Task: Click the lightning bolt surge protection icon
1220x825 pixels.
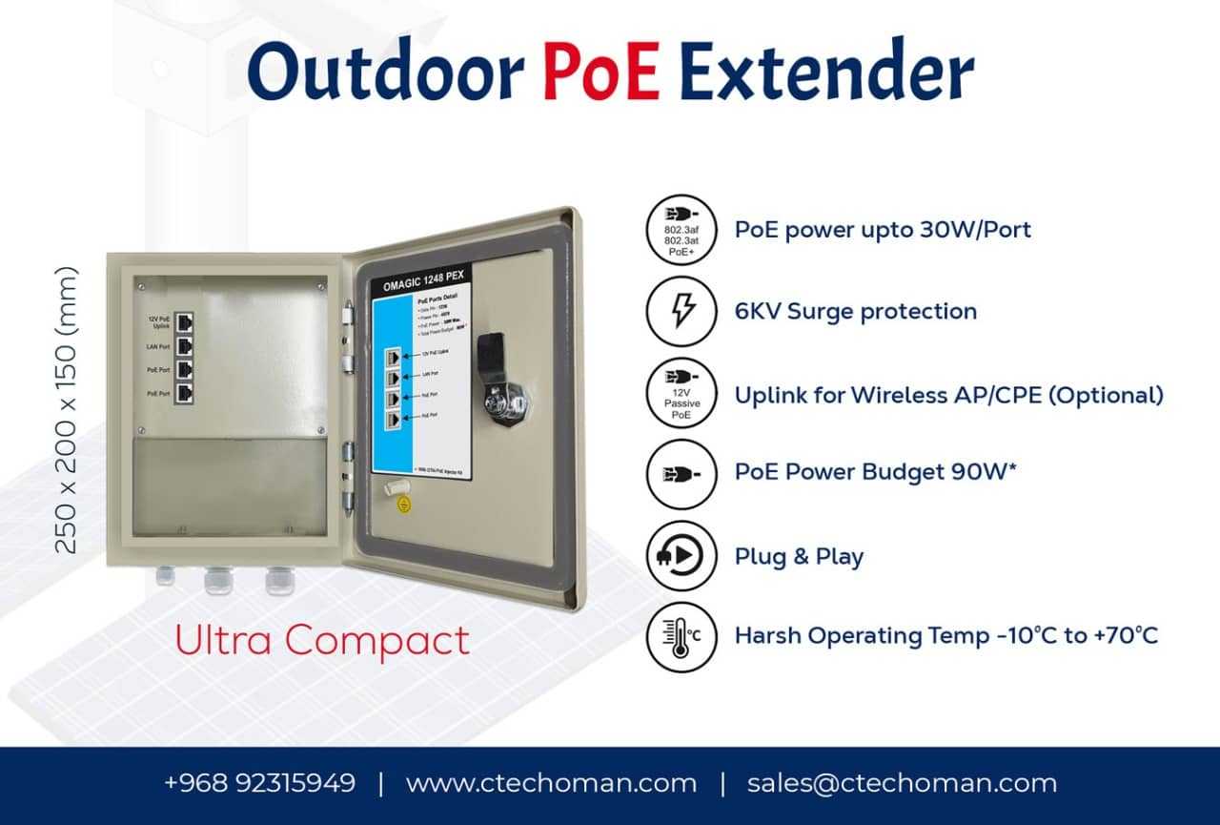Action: point(681,311)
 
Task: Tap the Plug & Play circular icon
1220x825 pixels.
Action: point(681,555)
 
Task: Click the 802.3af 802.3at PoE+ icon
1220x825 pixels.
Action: point(681,230)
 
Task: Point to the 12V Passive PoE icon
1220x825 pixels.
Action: point(681,393)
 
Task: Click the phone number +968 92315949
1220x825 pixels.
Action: point(259,783)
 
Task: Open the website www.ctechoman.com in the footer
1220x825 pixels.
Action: point(551,783)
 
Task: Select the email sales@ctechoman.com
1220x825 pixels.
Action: point(902,783)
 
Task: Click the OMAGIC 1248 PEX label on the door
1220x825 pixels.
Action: point(421,285)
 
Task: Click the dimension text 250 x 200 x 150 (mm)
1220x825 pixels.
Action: point(66,409)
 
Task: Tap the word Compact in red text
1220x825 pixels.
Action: point(376,640)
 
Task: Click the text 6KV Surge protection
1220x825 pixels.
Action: point(855,311)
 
